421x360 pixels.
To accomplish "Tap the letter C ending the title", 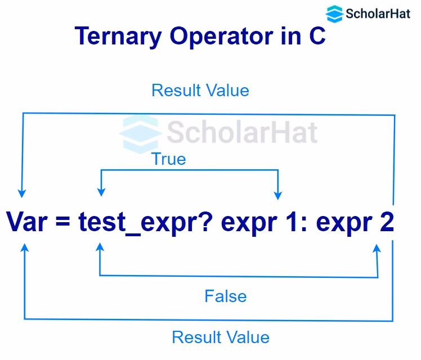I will click(316, 37).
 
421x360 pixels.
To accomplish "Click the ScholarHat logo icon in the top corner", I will click(334, 13).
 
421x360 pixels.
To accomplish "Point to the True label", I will click(168, 159).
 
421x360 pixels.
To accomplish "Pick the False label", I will click(225, 296).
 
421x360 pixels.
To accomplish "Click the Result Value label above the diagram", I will click(200, 90).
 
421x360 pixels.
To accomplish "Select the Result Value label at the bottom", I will click(220, 337).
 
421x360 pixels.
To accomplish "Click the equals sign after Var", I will click(65, 222).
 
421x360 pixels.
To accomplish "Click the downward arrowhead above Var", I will click(22, 192).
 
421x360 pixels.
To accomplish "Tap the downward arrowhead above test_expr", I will click(100, 192).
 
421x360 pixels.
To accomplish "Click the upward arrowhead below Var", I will click(24, 247).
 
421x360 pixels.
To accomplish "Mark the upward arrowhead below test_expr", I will click(100, 247).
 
